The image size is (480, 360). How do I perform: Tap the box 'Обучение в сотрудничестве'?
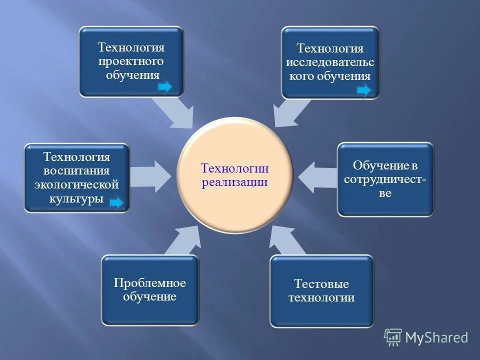tap(385, 179)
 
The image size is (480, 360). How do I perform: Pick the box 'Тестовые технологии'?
tap(321, 291)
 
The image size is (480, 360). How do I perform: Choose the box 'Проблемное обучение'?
tap(150, 290)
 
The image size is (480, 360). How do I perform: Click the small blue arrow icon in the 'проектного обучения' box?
tap(165, 87)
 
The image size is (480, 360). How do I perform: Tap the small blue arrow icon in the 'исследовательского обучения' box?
tap(364, 90)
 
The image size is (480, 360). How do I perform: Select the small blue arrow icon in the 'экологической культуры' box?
tap(116, 202)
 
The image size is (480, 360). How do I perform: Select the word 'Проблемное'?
tap(149, 283)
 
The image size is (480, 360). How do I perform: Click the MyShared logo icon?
tap(393, 337)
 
